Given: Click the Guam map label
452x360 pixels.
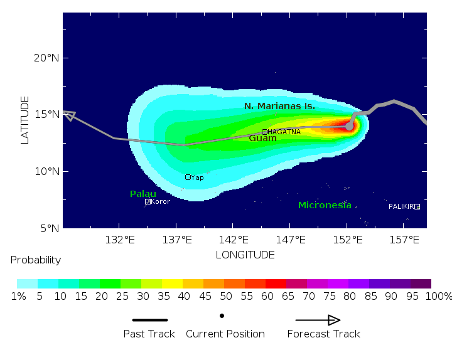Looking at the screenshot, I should pos(262,138).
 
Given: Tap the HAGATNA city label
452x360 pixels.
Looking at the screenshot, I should pos(284,132).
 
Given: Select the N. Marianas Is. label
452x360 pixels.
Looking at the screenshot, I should pos(279,107).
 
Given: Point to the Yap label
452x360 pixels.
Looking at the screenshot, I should pos(197,177).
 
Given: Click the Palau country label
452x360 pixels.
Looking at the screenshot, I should pos(143,194).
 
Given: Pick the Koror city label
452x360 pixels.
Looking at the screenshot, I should pos(160,201).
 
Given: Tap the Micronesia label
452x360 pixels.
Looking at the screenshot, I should pos(325,205).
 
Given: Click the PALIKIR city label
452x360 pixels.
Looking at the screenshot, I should pos(401,206).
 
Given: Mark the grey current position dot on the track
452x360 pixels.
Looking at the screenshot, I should pos(350,126).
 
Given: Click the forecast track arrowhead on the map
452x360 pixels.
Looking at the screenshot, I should pos(69,115).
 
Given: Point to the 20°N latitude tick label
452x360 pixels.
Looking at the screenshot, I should pos(46,58).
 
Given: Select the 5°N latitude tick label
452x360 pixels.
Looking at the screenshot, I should pos(49,228).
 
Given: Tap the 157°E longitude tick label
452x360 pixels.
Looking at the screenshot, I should pos(405,240).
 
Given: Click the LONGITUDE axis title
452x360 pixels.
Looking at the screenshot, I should pos(245,255).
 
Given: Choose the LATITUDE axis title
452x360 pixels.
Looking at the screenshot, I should pos(25,120).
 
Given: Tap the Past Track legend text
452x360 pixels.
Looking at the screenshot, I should pos(149,334).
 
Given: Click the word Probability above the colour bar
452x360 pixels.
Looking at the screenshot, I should pos(36,260).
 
